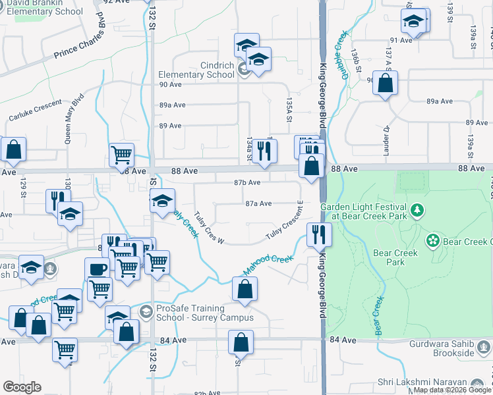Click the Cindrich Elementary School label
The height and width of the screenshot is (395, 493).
click(x=196, y=70)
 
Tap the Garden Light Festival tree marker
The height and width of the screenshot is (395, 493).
click(x=417, y=211)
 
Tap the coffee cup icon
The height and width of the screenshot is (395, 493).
click(x=97, y=269)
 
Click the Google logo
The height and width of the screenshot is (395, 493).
click(x=22, y=387)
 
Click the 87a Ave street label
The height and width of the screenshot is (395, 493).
click(x=258, y=204)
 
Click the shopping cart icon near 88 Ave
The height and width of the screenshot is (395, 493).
click(x=121, y=155)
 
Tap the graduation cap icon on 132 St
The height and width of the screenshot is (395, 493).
click(x=161, y=200)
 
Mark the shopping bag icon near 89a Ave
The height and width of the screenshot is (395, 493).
click(x=386, y=84)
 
